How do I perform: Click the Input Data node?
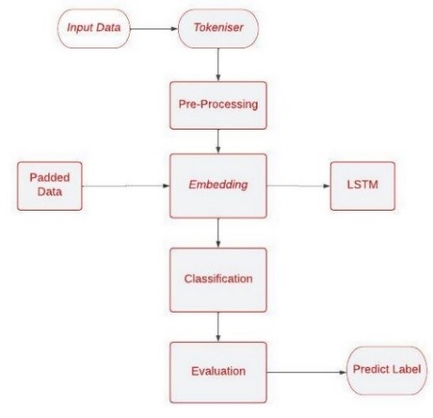tap(94, 28)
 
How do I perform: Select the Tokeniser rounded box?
tap(219, 28)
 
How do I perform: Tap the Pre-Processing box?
tap(218, 105)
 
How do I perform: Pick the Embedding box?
tap(218, 186)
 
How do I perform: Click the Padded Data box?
tap(49, 186)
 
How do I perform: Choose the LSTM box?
tap(362, 186)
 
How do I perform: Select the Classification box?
tap(218, 280)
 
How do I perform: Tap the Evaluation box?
tap(218, 372)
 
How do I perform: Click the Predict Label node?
tap(386, 370)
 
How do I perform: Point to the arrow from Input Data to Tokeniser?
tap(154, 28)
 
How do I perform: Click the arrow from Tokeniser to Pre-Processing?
tap(218, 65)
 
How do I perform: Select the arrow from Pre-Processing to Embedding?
tap(218, 142)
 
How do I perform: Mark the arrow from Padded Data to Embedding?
tap(126, 186)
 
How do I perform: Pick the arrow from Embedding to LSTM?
tap(298, 186)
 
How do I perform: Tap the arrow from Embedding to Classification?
tap(218, 233)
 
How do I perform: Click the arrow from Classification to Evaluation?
tap(218, 327)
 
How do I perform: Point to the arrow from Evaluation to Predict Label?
tap(307, 372)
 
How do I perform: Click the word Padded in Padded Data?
tap(50, 178)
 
